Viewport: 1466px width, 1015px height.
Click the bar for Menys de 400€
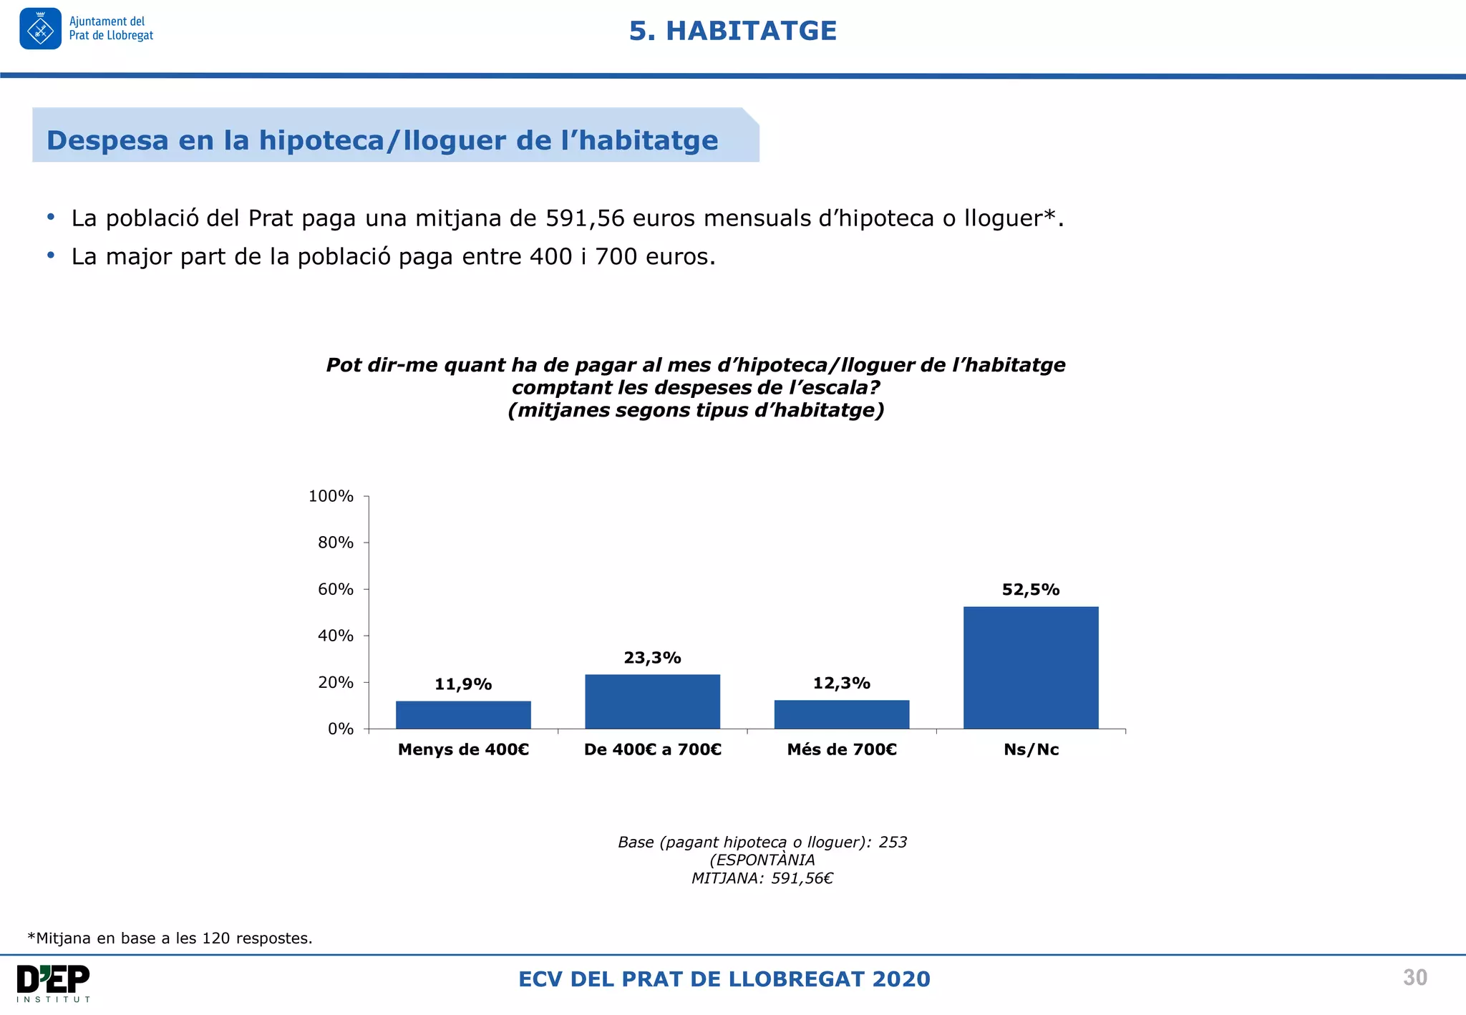pyautogui.click(x=463, y=714)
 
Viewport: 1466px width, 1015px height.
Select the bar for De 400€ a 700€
pyautogui.click(x=652, y=701)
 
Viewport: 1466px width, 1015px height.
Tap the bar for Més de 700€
pyautogui.click(x=841, y=714)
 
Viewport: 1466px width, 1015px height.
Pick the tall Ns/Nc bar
pyautogui.click(x=1030, y=667)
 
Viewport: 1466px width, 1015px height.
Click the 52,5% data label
pyautogui.click(x=1030, y=590)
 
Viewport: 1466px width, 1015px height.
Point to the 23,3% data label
pyautogui.click(x=652, y=658)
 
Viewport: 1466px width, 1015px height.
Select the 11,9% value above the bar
pyautogui.click(x=463, y=684)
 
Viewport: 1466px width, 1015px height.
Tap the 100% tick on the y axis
pyautogui.click(x=331, y=496)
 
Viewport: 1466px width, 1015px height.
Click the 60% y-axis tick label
pyautogui.click(x=335, y=589)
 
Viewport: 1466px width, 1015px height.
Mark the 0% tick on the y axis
pyautogui.click(x=341, y=729)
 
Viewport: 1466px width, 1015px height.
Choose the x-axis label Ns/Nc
pyautogui.click(x=1031, y=749)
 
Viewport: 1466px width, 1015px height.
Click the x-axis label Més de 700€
pyautogui.click(x=841, y=749)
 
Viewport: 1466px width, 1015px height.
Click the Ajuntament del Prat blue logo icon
pyautogui.click(x=40, y=29)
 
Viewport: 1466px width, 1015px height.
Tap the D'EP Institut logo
pyautogui.click(x=54, y=983)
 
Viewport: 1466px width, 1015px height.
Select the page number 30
pyautogui.click(x=1414, y=978)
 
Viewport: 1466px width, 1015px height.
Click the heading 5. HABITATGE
pyautogui.click(x=732, y=31)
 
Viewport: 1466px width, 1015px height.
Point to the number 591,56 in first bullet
pyautogui.click(x=585, y=218)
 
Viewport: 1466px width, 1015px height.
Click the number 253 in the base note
pyautogui.click(x=893, y=842)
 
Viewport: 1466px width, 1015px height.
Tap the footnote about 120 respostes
pyautogui.click(x=170, y=938)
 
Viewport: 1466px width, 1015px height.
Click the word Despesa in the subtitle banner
pyautogui.click(x=107, y=140)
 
